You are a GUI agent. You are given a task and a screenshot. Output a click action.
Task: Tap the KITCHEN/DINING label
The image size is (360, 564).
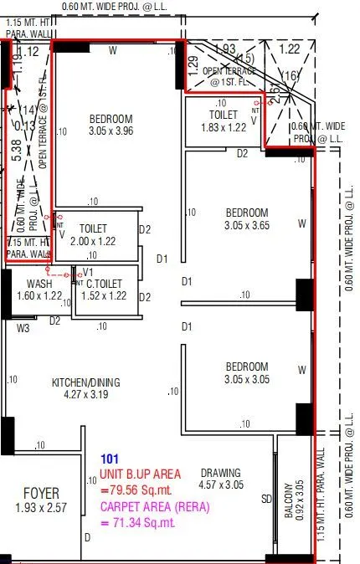click(x=86, y=382)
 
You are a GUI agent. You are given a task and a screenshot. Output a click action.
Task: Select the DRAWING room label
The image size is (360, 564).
click(x=220, y=472)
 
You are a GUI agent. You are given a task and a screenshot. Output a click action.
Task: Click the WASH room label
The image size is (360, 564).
click(x=39, y=284)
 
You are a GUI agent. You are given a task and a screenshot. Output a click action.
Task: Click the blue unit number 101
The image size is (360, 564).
click(x=110, y=459)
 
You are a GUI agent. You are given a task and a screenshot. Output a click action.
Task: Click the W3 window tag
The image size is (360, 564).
click(x=23, y=328)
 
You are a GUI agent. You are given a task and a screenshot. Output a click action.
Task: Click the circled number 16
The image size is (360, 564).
click(x=290, y=77)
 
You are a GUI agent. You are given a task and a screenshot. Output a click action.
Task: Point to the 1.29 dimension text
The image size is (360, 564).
click(x=193, y=63)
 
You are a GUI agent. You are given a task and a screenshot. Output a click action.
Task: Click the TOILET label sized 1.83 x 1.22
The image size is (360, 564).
click(x=224, y=115)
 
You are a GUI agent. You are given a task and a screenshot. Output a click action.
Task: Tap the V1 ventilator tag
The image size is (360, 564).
click(x=86, y=272)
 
